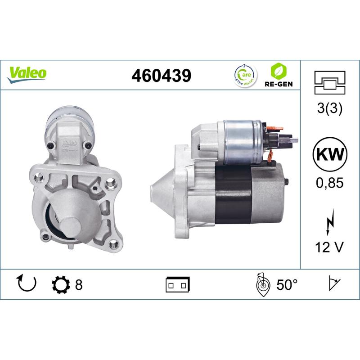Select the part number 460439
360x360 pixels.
click(x=161, y=75)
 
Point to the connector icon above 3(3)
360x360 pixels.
click(x=331, y=83)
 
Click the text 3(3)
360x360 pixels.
click(x=331, y=109)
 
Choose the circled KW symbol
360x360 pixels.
click(x=331, y=155)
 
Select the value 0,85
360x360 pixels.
click(x=331, y=184)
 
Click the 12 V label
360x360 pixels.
click(x=331, y=247)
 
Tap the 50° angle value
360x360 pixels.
click(x=287, y=285)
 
